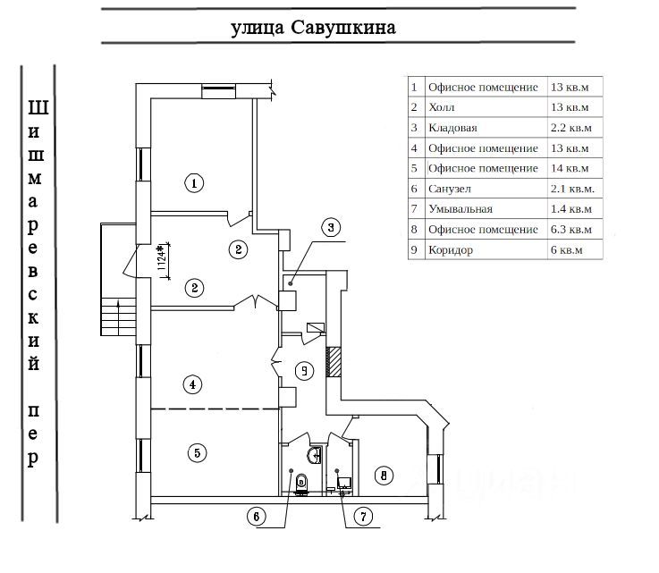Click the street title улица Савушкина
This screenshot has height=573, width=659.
click(313, 28)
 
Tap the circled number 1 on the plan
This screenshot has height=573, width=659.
click(194, 184)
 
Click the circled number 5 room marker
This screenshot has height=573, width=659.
click(197, 452)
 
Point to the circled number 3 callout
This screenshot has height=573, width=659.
click(330, 227)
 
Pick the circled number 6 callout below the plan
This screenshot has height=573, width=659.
click(257, 516)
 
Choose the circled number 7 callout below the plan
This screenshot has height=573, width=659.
click(363, 516)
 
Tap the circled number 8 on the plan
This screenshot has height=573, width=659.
click(384, 476)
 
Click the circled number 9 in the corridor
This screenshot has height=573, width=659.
click(305, 369)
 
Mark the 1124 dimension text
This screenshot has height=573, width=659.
click(162, 259)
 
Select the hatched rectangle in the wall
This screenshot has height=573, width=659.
click(334, 362)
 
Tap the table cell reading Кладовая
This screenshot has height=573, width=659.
click(452, 128)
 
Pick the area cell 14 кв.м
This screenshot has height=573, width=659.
click(570, 168)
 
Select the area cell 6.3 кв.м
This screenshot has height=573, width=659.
click(572, 230)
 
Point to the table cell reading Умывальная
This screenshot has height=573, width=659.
click(460, 209)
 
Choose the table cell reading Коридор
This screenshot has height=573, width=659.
click(451, 250)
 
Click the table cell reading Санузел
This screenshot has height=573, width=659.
click(449, 189)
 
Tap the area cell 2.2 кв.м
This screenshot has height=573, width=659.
click(572, 128)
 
